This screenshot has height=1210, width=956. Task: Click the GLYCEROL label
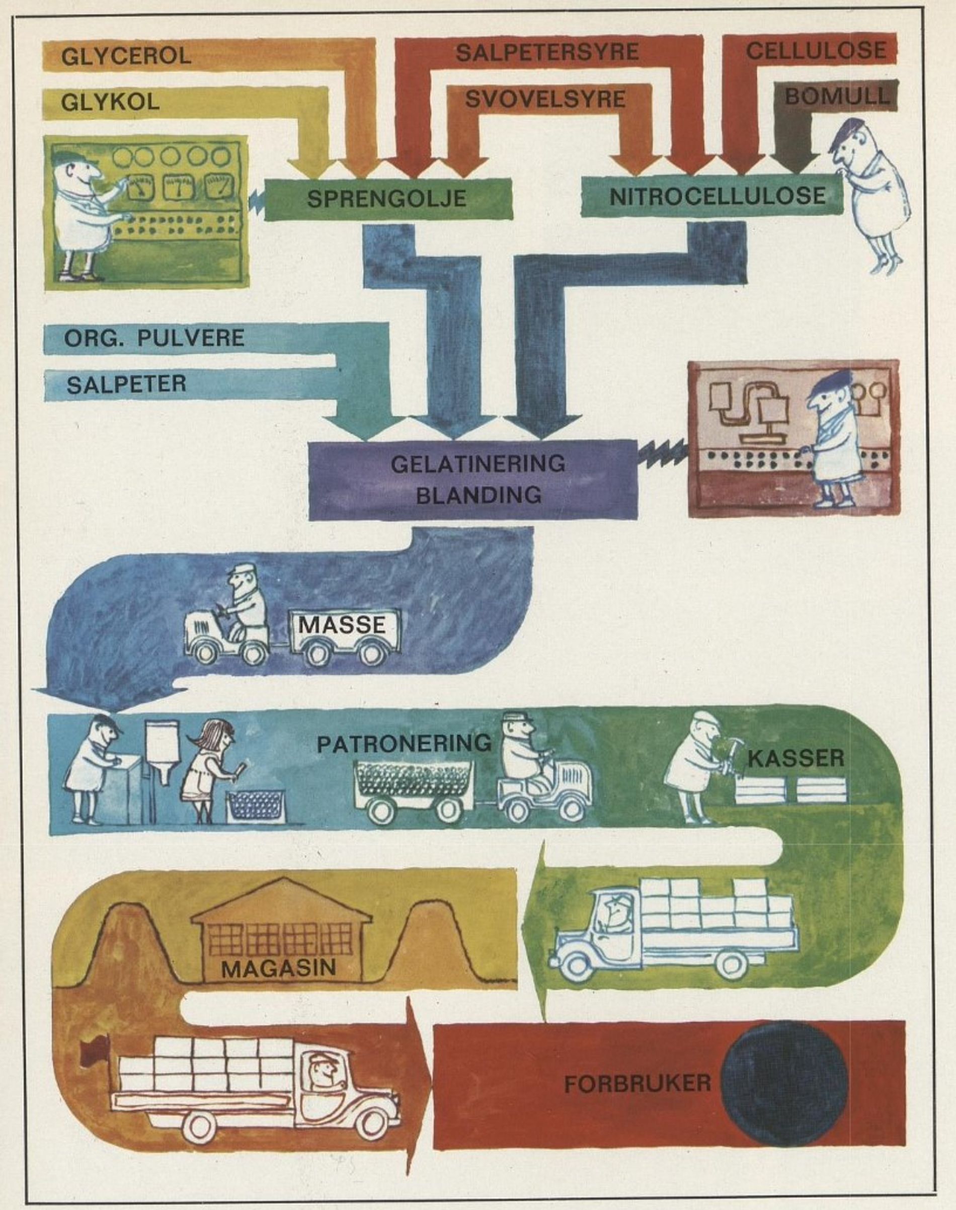(126, 56)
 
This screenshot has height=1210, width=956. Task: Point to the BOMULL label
(836, 97)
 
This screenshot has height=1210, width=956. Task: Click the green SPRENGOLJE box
(387, 199)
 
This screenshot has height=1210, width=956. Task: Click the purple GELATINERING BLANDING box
(473, 479)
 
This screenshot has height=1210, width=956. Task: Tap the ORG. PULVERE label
(154, 339)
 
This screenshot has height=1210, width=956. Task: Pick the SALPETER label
(126, 384)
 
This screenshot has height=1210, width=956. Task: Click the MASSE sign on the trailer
(342, 624)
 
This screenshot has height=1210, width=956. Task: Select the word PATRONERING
(404, 744)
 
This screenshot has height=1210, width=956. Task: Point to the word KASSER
(795, 759)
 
